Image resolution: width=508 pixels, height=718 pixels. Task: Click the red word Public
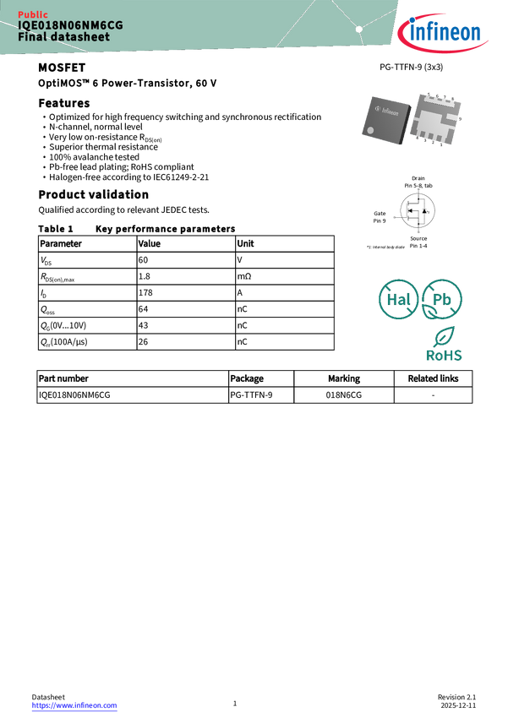click(x=33, y=14)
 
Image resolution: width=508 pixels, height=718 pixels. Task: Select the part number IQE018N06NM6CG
click(x=70, y=25)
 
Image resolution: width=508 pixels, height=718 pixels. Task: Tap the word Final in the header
click(x=30, y=37)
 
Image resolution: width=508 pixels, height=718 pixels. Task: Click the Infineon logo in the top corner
click(x=446, y=32)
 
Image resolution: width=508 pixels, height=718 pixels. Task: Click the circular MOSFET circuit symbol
click(x=417, y=211)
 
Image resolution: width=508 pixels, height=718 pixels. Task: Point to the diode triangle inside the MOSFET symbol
click(x=424, y=212)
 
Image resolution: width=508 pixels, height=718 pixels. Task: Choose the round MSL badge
click(x=398, y=300)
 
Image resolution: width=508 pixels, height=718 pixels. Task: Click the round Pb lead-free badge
click(x=442, y=300)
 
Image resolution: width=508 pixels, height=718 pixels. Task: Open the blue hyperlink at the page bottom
click(x=74, y=705)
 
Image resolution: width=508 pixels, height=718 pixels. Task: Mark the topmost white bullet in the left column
click(x=44, y=117)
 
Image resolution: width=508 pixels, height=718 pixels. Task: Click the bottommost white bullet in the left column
click(x=44, y=177)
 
